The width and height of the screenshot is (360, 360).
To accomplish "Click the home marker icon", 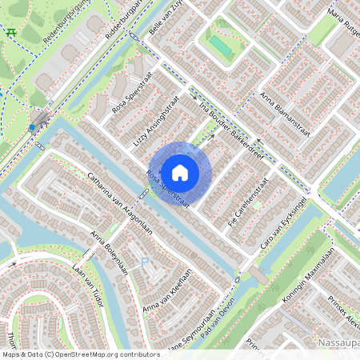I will pyautogui.click(x=180, y=172).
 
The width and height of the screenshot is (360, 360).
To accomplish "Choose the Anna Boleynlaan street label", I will pyautogui.click(x=110, y=252).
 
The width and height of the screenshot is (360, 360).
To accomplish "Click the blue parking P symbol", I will pyautogui.click(x=145, y=262).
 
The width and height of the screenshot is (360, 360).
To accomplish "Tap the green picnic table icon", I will pyautogui.click(x=11, y=32).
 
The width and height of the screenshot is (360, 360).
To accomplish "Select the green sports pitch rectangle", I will pyautogui.click(x=220, y=46).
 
